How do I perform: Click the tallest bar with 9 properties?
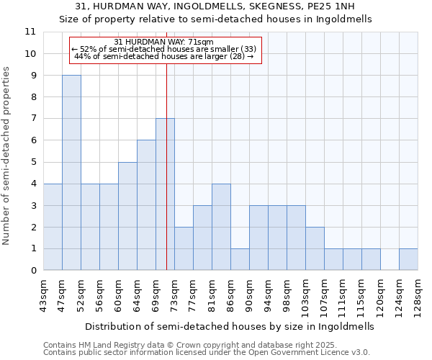point(71,173)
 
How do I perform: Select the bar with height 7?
point(165,194)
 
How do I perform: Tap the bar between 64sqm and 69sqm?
point(146,205)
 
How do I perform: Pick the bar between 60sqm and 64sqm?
point(127,216)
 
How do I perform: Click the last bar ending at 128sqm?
point(408,260)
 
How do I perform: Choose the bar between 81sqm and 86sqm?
point(221,227)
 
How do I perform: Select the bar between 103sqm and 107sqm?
point(315,248)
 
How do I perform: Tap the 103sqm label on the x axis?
point(305,296)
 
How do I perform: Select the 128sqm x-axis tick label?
point(418,296)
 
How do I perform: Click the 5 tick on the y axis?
point(32,162)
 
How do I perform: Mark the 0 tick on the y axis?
point(32,271)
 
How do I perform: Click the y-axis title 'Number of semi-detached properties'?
point(7,156)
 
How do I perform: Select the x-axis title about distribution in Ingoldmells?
point(230,325)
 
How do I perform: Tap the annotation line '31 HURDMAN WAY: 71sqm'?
point(164,42)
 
